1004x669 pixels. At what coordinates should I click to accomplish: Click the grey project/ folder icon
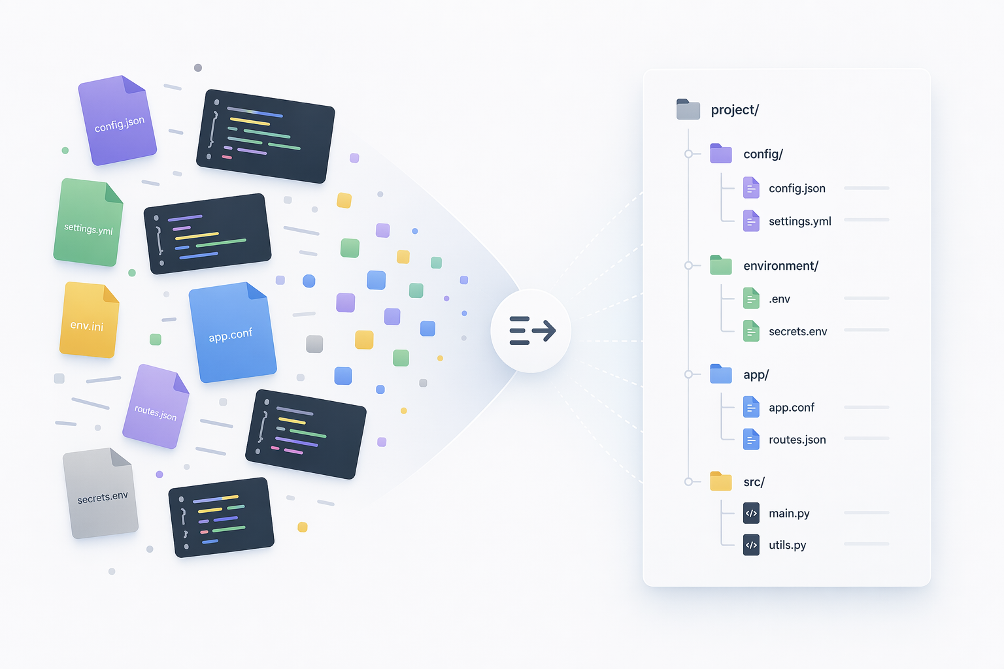pos(688,109)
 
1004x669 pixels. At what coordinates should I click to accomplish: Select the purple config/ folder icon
pos(721,154)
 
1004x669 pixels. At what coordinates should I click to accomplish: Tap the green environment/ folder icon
pos(721,265)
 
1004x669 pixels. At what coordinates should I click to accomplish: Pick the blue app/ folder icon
pos(721,374)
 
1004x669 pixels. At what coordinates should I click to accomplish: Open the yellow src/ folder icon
pos(721,481)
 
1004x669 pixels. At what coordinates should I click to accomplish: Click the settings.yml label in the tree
pos(799,221)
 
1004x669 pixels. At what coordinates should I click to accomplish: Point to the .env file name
pos(779,299)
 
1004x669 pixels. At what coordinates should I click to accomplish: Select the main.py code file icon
pos(751,513)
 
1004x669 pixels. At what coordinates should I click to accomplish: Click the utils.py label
pos(787,545)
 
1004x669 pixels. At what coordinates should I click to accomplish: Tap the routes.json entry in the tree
pos(797,440)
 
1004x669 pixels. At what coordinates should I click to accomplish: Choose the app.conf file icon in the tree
pos(751,407)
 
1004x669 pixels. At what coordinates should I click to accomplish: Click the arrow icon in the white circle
pos(533,331)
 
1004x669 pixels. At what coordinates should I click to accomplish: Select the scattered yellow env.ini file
pos(89,320)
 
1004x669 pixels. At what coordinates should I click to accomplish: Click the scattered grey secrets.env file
pos(101,493)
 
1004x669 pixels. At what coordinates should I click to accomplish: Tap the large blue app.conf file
pos(232,333)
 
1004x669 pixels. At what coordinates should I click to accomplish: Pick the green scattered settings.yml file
pos(88,222)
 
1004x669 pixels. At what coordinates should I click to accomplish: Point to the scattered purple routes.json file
pos(156,406)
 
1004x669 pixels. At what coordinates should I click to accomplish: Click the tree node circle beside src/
pos(688,481)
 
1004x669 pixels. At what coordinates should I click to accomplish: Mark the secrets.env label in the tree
pos(798,332)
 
